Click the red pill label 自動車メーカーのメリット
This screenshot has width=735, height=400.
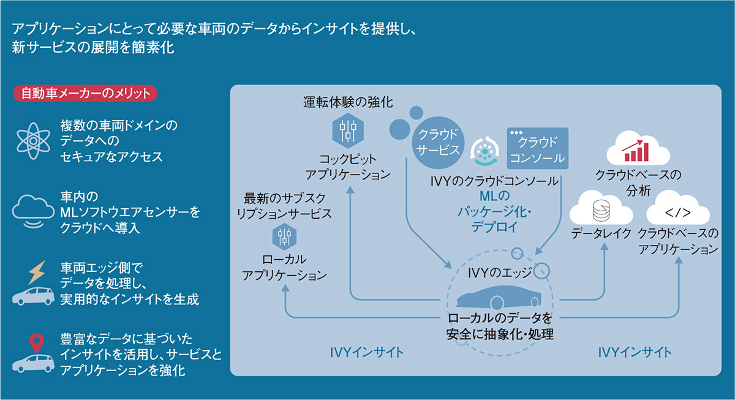[x=85, y=94]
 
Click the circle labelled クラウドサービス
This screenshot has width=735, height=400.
[x=438, y=142]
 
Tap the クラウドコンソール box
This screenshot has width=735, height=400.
[x=538, y=148]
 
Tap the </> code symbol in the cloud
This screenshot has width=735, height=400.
[x=678, y=213]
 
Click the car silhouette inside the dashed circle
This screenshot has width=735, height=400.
[x=497, y=298]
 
